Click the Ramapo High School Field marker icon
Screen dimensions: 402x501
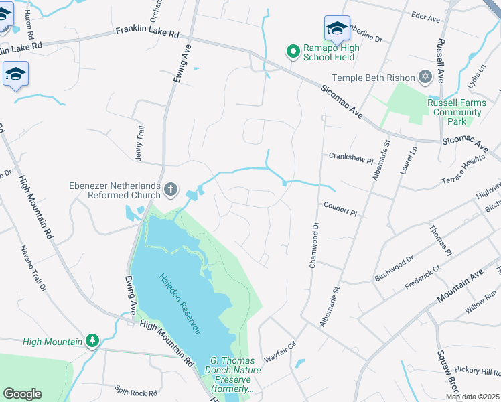[x=293, y=52]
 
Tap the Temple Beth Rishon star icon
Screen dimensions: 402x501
[x=424, y=78]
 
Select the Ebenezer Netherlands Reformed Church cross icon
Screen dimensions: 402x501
[x=171, y=190]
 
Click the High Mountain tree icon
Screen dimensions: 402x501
[x=92, y=341]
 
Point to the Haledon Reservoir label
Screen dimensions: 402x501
[x=183, y=304]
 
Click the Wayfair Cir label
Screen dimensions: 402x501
[x=279, y=348]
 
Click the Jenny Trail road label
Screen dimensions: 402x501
[x=140, y=142]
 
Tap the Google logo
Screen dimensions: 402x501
[x=22, y=394]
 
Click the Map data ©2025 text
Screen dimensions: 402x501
[x=472, y=397]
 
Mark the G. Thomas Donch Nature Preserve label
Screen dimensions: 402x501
[x=231, y=375]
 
